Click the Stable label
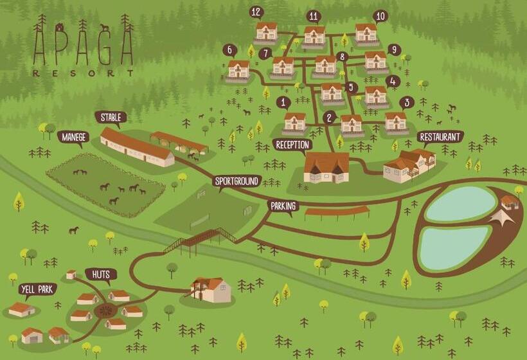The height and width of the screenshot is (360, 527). click(x=110, y=117)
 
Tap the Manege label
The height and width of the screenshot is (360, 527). click(x=72, y=137)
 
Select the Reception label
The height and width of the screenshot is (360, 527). click(x=292, y=144)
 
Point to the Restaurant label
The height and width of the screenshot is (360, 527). click(x=440, y=137)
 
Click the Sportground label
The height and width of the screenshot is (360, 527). click(x=237, y=181)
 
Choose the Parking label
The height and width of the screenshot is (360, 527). click(x=283, y=206)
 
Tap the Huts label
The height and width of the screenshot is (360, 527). click(x=100, y=274)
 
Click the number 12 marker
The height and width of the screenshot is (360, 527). click(x=256, y=12)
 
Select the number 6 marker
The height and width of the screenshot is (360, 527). click(x=229, y=50)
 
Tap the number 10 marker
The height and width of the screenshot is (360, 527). click(x=380, y=15)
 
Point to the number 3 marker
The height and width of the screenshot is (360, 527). click(x=406, y=102)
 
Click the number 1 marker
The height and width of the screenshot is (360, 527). click(x=283, y=102)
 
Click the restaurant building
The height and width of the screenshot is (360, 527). click(x=409, y=165)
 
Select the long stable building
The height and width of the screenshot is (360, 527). click(x=136, y=147)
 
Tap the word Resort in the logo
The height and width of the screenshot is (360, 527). click(x=83, y=73)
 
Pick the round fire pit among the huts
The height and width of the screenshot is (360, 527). click(x=103, y=310)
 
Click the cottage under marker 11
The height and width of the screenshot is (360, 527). click(x=314, y=35)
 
